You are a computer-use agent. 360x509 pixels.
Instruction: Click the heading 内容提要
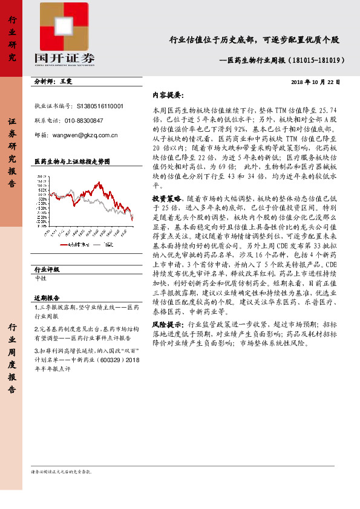coord(167,96)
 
